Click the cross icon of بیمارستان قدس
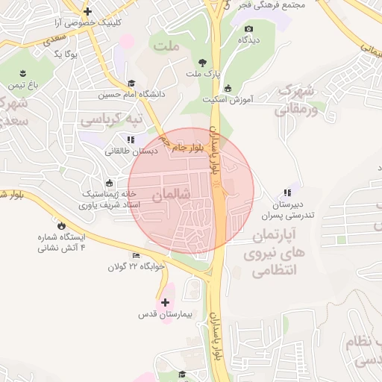click(x=166, y=302)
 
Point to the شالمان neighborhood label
click(x=172, y=194)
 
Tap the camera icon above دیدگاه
click(x=248, y=28)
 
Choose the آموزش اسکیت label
click(x=228, y=99)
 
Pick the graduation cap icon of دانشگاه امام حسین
click(x=131, y=83)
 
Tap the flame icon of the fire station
click(x=60, y=225)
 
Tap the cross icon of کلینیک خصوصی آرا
click(x=88, y=11)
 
